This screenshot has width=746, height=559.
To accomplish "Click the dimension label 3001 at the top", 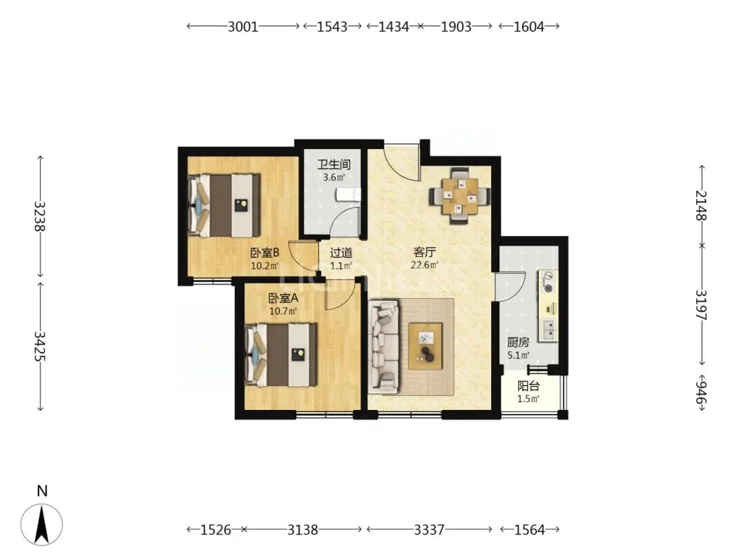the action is point(242,27).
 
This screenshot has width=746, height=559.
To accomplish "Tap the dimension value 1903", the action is point(456,27).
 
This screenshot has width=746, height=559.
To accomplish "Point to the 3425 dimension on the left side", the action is point(39,346).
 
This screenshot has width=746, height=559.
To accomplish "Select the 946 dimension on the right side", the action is point(701,389).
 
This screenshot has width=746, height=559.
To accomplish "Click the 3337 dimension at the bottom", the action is point(429,529).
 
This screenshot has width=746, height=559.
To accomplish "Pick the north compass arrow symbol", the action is point(42,524).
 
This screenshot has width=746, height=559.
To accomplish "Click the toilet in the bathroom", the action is point(348,195).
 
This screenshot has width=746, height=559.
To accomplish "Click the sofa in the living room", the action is point(383,346).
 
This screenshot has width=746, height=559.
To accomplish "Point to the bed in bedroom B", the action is point(224,206).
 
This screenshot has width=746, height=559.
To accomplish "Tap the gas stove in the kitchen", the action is point(548,282).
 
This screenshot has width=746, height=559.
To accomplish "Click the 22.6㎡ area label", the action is point(424,265).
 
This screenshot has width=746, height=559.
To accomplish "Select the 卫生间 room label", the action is point(334,164).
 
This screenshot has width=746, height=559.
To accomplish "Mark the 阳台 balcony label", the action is point(528,386).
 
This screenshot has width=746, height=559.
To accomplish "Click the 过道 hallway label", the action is point(341,253).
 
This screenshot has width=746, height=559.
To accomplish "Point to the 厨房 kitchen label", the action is point(517,342).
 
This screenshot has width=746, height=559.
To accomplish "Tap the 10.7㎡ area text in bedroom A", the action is point(283,311).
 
